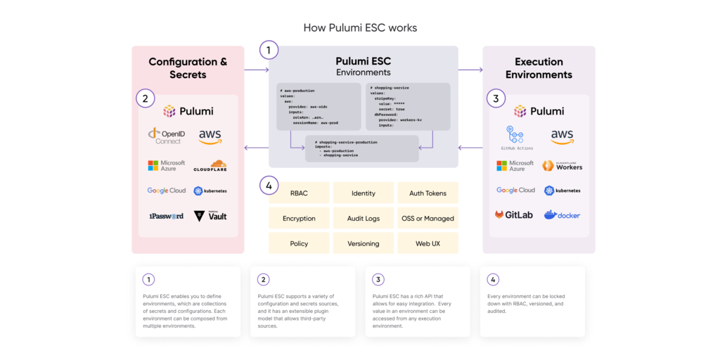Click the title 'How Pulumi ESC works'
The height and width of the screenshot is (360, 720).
[x=360, y=28]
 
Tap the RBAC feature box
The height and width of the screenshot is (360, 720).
[x=299, y=193]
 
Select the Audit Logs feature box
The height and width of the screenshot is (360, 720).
[x=363, y=219]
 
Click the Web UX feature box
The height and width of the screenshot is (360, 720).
[x=427, y=243]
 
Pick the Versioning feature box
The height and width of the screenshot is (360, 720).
[x=363, y=243]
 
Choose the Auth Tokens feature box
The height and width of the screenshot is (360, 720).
[x=427, y=193]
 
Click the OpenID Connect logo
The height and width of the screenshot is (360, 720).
[x=166, y=136]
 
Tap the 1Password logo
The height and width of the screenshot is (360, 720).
[x=166, y=216]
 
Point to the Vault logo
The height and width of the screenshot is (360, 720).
[x=210, y=216]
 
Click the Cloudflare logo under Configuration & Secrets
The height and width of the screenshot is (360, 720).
[x=210, y=166]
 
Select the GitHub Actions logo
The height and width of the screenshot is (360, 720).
[x=517, y=138]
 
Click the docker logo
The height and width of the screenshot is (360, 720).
[x=562, y=214]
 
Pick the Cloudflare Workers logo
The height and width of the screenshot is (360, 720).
[x=562, y=166]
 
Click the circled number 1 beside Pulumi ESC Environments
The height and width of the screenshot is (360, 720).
[x=269, y=51]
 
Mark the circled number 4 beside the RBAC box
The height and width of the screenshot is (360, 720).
[x=269, y=186]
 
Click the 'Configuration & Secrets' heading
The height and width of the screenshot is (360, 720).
[x=188, y=68]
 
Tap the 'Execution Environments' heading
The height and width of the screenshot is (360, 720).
[x=539, y=68]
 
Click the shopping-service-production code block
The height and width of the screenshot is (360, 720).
[x=361, y=148]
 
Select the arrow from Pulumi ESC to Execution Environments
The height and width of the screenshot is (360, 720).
[x=470, y=70]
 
